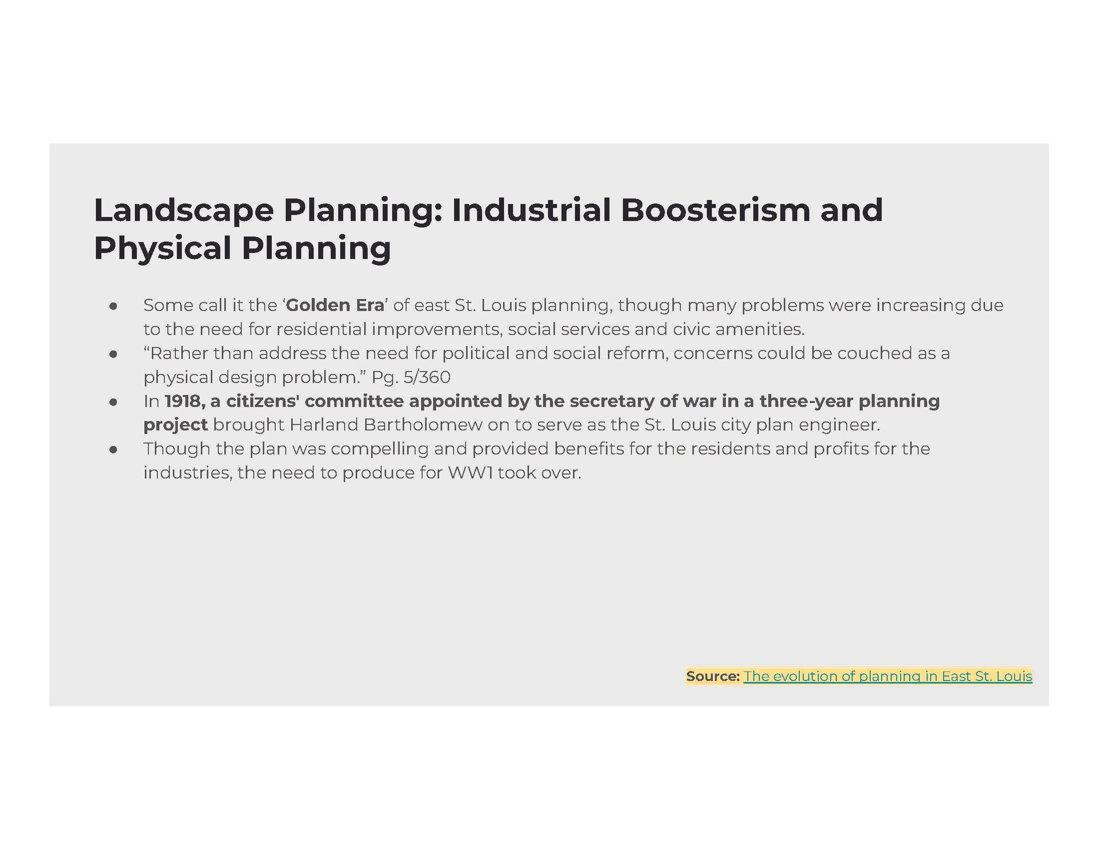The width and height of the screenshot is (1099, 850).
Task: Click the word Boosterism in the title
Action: coord(715,209)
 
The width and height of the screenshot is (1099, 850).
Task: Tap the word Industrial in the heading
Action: coord(532,209)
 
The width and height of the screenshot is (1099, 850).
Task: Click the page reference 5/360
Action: coord(427,377)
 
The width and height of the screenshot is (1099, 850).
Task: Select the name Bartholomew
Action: coord(423,425)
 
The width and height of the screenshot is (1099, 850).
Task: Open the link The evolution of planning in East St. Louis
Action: coord(888,676)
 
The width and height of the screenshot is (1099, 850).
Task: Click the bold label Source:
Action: coord(712,676)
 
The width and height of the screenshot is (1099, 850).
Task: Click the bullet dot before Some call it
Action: coord(113,306)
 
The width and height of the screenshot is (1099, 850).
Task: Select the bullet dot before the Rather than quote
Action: coord(113,354)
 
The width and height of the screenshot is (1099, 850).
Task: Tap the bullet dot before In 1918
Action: coord(113,402)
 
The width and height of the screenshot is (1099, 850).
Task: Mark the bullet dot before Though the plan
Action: coord(113,449)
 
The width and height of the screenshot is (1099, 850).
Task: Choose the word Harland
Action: coord(324,425)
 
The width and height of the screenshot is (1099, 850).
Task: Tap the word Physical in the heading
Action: coord(162,249)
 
